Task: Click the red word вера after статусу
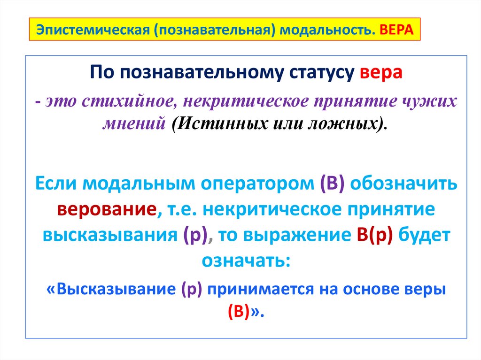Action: pyautogui.click(x=381, y=74)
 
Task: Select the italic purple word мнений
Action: pyautogui.click(x=137, y=124)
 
